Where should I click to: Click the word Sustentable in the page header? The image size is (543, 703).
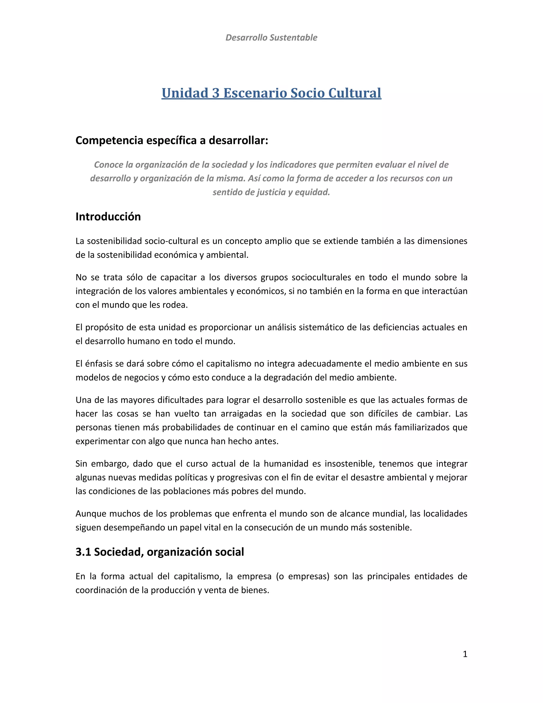[294, 38]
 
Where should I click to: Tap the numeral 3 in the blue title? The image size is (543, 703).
[216, 93]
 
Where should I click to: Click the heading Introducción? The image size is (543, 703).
[108, 217]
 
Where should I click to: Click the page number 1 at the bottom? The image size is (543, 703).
[465, 654]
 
